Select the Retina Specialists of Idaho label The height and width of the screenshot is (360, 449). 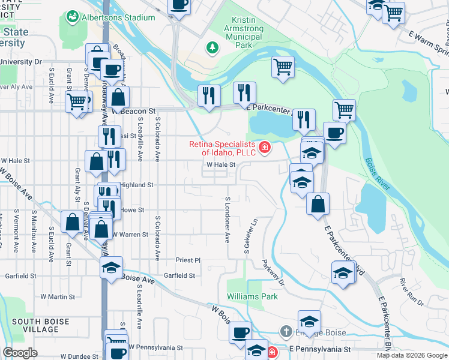click(x=223, y=148)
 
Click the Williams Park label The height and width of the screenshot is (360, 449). click(x=252, y=296)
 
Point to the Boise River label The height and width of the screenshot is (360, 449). click(x=377, y=174)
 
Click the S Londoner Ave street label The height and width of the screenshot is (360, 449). click(x=228, y=220)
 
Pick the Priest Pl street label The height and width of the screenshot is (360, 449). click(x=187, y=260)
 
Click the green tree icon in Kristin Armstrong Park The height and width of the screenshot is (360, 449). click(x=211, y=47)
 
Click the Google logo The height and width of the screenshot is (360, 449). click(x=20, y=353)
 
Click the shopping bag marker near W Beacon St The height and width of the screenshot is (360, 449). click(x=119, y=97)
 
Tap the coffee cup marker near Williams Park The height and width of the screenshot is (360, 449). click(x=241, y=332)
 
